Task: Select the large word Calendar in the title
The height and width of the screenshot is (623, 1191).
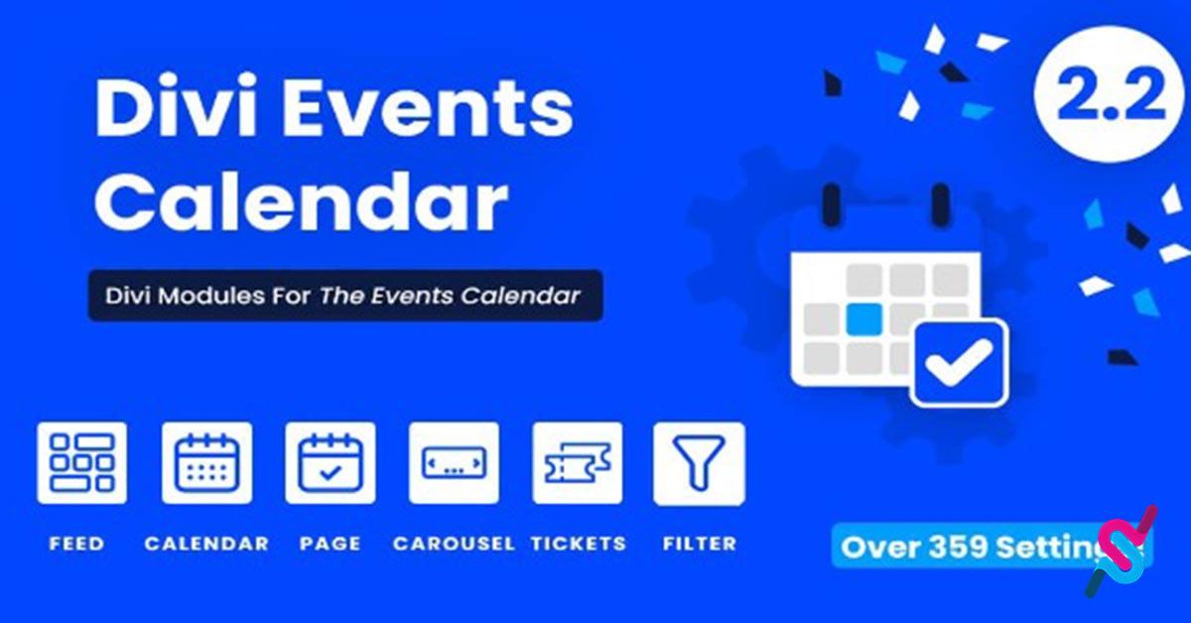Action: click(x=302, y=202)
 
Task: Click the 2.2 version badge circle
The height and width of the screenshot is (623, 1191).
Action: click(x=1111, y=94)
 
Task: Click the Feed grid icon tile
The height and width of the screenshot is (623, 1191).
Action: click(x=81, y=462)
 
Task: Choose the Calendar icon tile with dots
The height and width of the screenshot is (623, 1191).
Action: click(x=206, y=462)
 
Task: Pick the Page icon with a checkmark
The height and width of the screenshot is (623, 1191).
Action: click(x=331, y=462)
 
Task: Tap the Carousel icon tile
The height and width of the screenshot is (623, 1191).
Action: click(x=455, y=462)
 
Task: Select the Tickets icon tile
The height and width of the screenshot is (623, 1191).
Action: click(x=578, y=462)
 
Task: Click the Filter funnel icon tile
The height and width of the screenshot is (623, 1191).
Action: click(x=699, y=463)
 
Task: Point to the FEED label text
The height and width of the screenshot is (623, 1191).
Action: click(x=77, y=544)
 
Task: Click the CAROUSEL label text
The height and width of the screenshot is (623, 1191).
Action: click(x=454, y=544)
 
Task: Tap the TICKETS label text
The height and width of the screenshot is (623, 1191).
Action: click(x=579, y=544)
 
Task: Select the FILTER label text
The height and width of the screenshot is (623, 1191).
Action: click(x=700, y=544)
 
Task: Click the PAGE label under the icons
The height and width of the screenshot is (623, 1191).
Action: click(x=331, y=544)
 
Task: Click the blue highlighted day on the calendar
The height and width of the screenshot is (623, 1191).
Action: click(x=864, y=319)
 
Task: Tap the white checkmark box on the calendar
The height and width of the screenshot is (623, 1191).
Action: click(x=959, y=362)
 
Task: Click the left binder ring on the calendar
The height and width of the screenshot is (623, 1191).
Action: click(x=833, y=205)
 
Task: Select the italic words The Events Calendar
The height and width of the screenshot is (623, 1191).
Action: click(x=450, y=296)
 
